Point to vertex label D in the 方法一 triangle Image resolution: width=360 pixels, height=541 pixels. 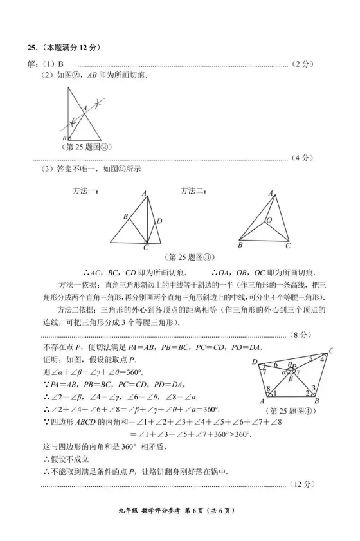[159, 221]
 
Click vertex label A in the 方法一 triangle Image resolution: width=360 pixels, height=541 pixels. [144, 194]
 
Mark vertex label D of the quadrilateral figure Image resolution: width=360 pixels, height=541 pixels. [255, 362]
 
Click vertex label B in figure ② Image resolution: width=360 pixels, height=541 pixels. [64, 138]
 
